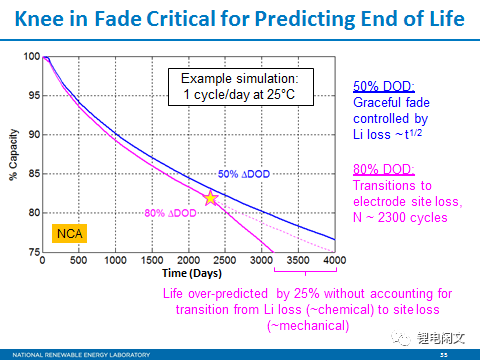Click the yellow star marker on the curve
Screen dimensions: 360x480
coord(210,198)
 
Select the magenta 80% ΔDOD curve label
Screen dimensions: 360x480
coord(170,212)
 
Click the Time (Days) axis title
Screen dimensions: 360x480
coord(184,272)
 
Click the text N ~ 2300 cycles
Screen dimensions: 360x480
coord(401,217)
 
